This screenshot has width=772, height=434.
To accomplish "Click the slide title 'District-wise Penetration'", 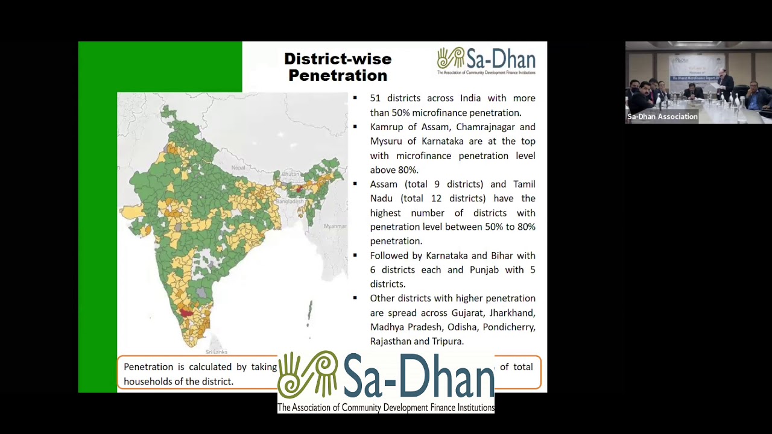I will pos(338,67).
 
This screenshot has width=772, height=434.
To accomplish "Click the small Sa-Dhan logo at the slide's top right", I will pos(486,61).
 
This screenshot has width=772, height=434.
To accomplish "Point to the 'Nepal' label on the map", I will pos(238,168).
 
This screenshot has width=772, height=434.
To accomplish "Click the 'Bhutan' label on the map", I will pos(291,174).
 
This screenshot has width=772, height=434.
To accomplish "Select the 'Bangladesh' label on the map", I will pos(290,201).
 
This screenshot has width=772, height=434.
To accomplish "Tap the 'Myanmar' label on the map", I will pos(335,226).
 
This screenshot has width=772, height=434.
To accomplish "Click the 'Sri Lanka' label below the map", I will pos(216,351).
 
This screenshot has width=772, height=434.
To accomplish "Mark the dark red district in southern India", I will pos(186,313).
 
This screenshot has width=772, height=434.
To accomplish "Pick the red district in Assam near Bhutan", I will pos(299,189).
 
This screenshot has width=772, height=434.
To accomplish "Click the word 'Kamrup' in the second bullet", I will pos(386,127).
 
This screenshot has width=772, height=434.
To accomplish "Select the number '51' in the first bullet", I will pos(376,98).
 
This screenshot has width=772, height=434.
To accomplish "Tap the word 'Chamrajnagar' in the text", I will pos(484,127).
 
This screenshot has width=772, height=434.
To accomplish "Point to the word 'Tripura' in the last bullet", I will pos(446,342).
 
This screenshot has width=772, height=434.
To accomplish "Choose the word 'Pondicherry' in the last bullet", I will pos(510,327).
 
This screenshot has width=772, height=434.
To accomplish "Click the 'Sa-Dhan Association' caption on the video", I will pos(662,117).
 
